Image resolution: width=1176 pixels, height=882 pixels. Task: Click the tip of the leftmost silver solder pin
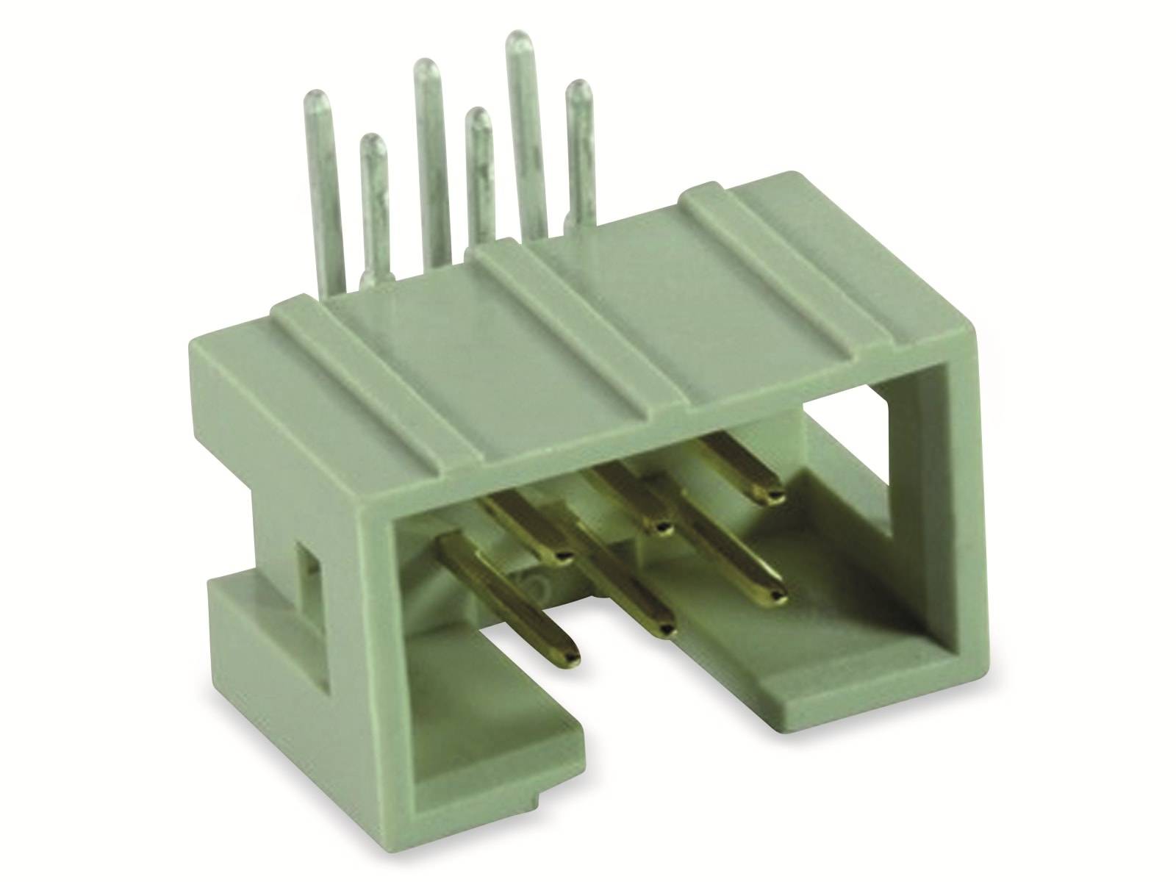tap(318, 96)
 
